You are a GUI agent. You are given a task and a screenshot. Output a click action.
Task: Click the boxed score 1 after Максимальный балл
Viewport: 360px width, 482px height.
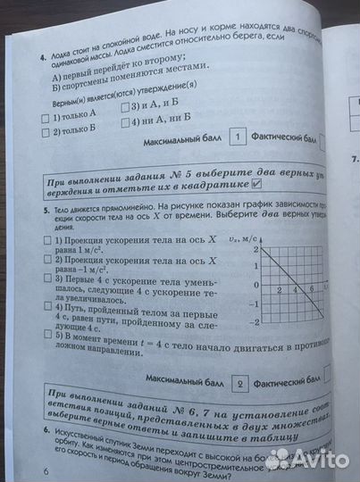click(x=238, y=137)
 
